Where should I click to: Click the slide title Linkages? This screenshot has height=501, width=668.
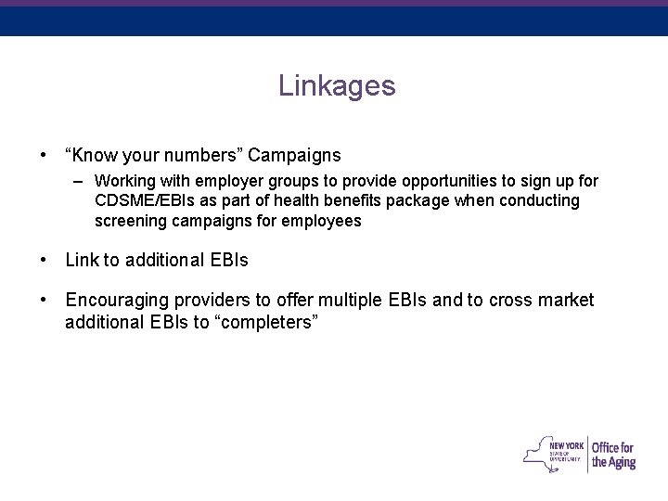click(x=336, y=86)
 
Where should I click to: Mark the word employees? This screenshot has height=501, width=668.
click(x=318, y=223)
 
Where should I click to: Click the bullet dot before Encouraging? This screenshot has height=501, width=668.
click(x=44, y=301)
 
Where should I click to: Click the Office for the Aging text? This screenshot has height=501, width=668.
click(x=613, y=453)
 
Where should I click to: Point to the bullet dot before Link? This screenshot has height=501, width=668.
click(x=44, y=262)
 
